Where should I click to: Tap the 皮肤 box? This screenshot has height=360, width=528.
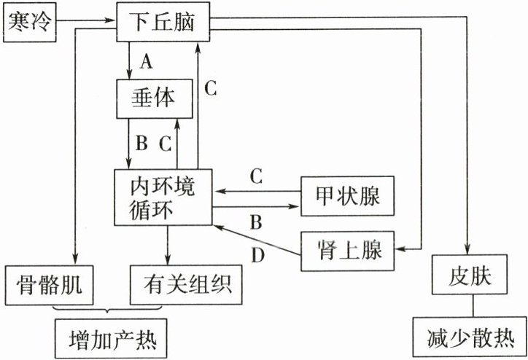(x=468, y=275)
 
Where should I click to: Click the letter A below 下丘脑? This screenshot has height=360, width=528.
(x=146, y=63)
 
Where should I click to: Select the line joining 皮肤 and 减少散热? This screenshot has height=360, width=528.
(x=468, y=306)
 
